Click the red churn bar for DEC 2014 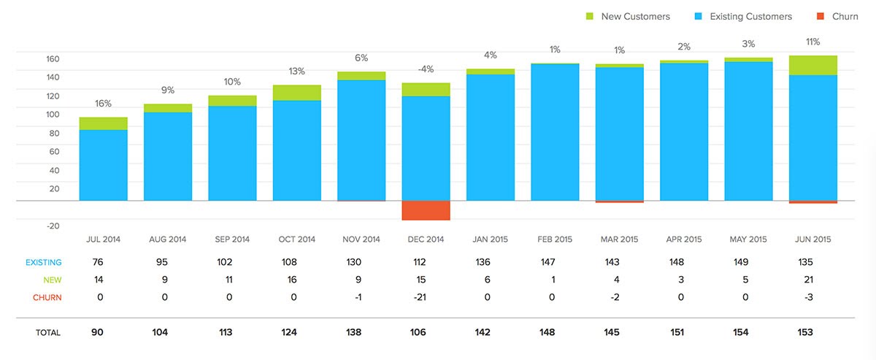[426, 210]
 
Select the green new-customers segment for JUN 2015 [812, 65]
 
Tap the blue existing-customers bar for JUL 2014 [104, 165]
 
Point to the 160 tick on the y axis [53, 59]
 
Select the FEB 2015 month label [555, 240]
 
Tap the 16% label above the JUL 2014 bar [103, 104]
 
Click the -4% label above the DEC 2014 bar [426, 69]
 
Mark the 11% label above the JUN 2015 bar [812, 42]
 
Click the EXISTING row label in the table [44, 262]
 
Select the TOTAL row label [48, 332]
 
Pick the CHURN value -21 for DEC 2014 [426, 297]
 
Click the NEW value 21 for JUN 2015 [812, 280]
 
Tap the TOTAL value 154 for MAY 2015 [748, 332]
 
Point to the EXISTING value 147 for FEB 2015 [555, 262]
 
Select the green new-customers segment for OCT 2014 [297, 93]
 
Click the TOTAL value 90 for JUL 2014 [97, 332]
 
